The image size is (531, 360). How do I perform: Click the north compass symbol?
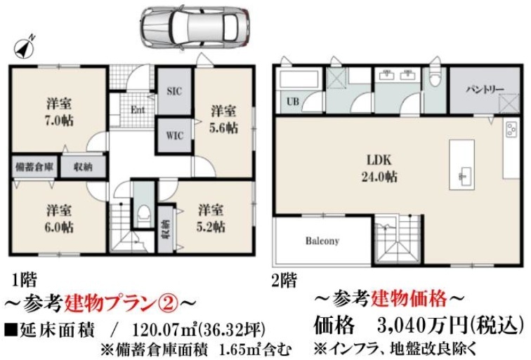click(x=25, y=47)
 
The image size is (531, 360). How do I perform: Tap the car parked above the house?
click(x=195, y=27)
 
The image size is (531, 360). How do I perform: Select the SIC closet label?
click(x=174, y=91)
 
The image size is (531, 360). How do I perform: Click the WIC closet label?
click(x=175, y=135)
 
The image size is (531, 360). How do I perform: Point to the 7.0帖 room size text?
click(x=59, y=121)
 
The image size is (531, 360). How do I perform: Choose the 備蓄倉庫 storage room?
click(x=34, y=166)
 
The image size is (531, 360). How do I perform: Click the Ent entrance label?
click(x=138, y=109)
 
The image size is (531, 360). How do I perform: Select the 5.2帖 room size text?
click(x=211, y=226)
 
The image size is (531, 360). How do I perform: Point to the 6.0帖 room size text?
click(x=59, y=227)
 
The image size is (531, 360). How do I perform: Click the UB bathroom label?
click(x=293, y=101)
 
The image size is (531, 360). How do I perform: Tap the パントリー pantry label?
click(x=485, y=89)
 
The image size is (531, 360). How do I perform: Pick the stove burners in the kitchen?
click(x=511, y=129)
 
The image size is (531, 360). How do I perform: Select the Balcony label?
click(x=322, y=241)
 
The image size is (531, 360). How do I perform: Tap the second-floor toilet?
click(x=434, y=79)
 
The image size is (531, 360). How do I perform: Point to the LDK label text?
click(x=379, y=160)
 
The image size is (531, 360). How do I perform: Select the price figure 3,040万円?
click(x=422, y=326)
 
